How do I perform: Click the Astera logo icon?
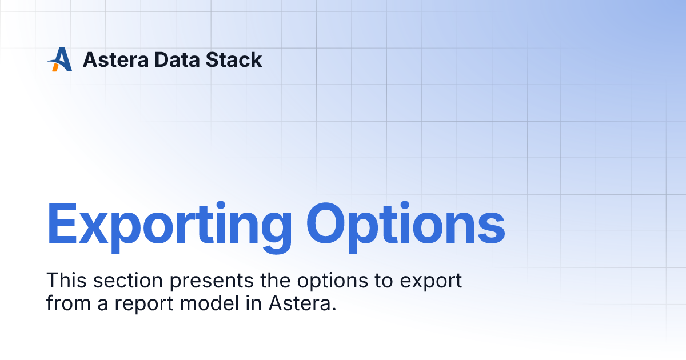(x=59, y=59)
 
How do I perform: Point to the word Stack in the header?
(x=237, y=59)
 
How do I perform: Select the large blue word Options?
(x=405, y=225)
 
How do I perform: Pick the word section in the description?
(x=128, y=281)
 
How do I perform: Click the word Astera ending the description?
(x=299, y=303)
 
